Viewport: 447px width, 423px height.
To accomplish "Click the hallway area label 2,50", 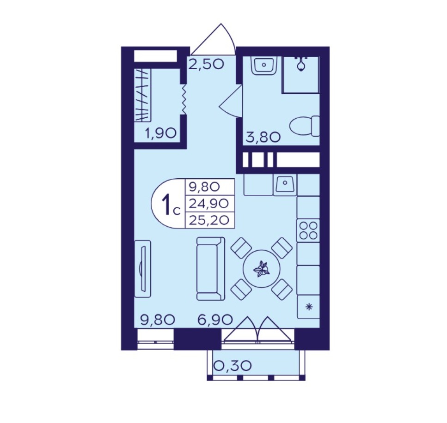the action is [206, 64].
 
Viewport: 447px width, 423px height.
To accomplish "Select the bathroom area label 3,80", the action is [263, 137].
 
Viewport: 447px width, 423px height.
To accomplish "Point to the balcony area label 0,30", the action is [233, 365].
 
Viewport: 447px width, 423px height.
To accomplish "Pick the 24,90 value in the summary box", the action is [209, 203].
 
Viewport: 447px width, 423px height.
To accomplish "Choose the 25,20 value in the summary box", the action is [209, 220].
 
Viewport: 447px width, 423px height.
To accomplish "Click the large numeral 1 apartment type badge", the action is [166, 203].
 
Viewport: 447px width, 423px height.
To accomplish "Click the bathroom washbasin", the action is [264, 65].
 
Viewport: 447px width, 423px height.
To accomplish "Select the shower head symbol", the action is [301, 63].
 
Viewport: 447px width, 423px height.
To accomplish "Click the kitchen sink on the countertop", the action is [285, 185].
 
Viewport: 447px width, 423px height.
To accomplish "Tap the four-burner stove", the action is [308, 230].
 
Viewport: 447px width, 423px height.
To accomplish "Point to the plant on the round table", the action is [262, 269].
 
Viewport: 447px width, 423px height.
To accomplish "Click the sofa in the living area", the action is [211, 269].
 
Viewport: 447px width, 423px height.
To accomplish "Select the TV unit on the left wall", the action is [142, 269].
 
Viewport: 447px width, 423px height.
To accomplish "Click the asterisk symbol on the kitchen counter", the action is [308, 307].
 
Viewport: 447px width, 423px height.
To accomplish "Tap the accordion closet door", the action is [184, 99].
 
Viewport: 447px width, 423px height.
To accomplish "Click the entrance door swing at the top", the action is [213, 39].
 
